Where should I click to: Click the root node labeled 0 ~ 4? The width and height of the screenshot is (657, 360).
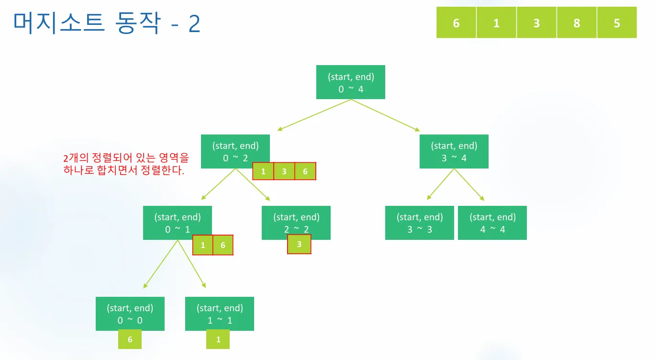click(x=350, y=82)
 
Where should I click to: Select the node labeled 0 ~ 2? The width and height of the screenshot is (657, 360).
click(x=235, y=151)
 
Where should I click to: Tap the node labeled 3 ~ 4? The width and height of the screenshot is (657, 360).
click(x=454, y=151)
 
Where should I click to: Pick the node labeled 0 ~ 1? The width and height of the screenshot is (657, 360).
click(x=178, y=223)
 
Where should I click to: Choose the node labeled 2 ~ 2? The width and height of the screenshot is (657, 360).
click(x=296, y=223)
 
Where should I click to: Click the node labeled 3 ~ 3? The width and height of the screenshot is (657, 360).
click(x=420, y=223)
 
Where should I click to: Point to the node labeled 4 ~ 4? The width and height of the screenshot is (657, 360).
click(x=492, y=223)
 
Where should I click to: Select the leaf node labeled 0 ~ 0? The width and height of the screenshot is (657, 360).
click(x=130, y=314)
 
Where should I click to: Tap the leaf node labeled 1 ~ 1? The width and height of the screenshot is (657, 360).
click(x=219, y=314)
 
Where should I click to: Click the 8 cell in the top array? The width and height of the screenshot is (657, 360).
click(x=577, y=22)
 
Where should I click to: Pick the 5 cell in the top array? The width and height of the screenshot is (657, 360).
click(x=617, y=22)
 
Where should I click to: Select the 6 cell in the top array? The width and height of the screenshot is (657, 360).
click(x=456, y=22)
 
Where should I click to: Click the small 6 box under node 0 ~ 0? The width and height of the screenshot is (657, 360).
click(x=130, y=339)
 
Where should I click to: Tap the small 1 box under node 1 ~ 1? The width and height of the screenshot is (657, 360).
click(x=218, y=339)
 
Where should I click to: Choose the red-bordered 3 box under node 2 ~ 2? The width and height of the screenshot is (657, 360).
click(x=299, y=244)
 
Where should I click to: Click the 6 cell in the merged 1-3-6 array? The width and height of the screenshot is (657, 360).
click(x=305, y=171)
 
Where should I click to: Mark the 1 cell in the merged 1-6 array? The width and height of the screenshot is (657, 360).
click(x=203, y=245)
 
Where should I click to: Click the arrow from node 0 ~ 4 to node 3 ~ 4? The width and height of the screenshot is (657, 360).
click(x=385, y=115)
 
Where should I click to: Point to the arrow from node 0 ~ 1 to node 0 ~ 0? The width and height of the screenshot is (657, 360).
click(x=160, y=264)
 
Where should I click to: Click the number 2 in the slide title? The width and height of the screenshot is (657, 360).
click(x=194, y=23)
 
